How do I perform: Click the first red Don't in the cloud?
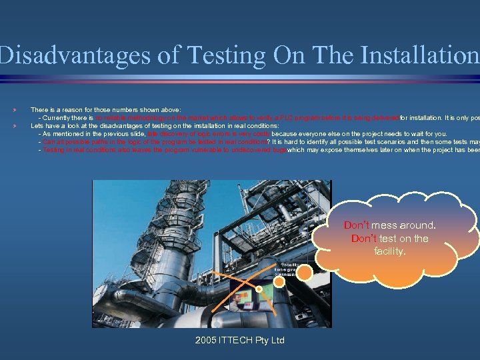tap(357, 225)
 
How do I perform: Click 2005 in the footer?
tap(207, 341)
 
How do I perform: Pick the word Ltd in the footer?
tap(276, 341)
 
